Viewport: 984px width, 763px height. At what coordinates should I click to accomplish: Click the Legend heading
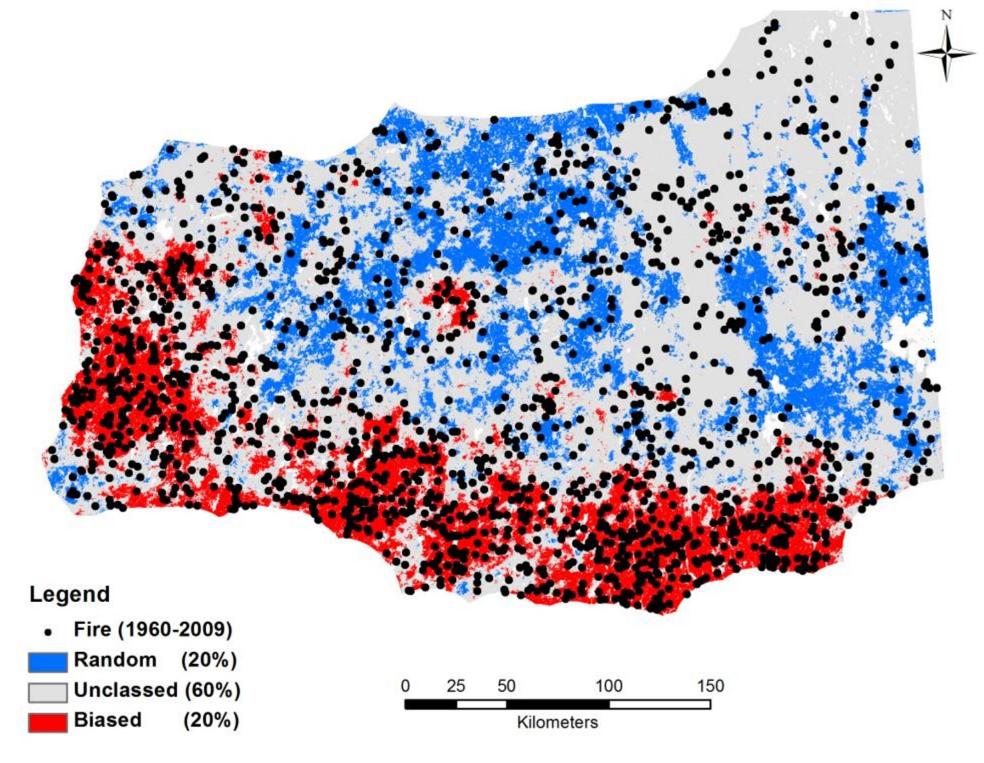(69, 593)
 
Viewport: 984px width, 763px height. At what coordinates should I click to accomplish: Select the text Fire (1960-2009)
(153, 629)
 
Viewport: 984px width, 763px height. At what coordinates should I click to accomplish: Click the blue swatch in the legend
(47, 661)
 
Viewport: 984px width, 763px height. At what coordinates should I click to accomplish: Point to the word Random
(115, 660)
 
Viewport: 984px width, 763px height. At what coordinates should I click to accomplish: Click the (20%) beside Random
(209, 660)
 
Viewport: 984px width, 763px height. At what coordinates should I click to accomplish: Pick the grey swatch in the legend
(47, 692)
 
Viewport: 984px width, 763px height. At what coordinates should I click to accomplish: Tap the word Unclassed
(126, 690)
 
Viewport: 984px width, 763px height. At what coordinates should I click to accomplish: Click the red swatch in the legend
(47, 722)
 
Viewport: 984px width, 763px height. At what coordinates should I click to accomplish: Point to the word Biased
(108, 720)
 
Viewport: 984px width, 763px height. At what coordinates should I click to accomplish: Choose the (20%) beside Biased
(210, 720)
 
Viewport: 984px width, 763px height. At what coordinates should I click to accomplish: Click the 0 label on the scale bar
(405, 686)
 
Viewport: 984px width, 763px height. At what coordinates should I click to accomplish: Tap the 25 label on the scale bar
(456, 686)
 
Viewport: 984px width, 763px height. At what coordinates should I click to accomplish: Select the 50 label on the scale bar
(507, 686)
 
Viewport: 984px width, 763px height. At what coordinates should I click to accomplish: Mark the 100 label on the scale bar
(609, 686)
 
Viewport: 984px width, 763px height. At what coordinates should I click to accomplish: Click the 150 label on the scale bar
(710, 686)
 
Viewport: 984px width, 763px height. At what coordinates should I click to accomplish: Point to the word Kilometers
(557, 722)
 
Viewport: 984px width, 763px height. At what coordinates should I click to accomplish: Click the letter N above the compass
(947, 15)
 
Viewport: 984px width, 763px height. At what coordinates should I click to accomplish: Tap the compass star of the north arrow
(946, 53)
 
